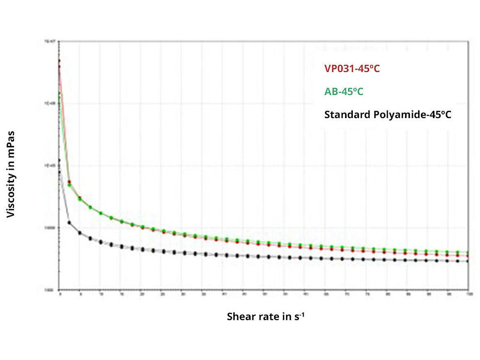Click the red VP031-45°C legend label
pyautogui.click(x=352, y=69)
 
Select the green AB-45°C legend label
pyautogui.click(x=343, y=91)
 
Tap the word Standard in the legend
pyautogui.click(x=347, y=114)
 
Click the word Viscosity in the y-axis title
pyautogui.click(x=11, y=192)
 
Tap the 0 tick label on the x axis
pyautogui.click(x=60, y=294)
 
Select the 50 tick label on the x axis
pyautogui.click(x=265, y=294)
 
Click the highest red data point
pyautogui.click(x=59, y=61)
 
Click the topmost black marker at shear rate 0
pyautogui.click(x=59, y=160)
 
